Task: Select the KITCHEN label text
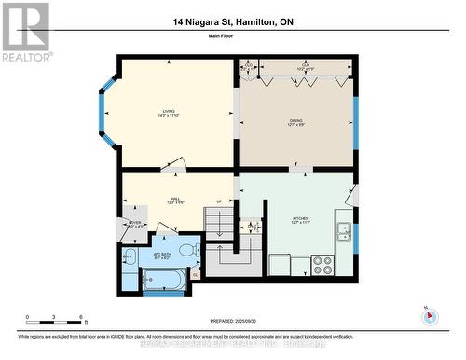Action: (300, 220)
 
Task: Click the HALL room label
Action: (174, 201)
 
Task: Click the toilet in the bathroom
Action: (186, 250)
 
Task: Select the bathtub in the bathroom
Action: (162, 278)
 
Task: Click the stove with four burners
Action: (322, 265)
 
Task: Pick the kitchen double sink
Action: (344, 229)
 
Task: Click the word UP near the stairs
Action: (219, 201)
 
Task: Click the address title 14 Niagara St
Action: (232, 22)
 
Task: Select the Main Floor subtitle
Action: (232, 38)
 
